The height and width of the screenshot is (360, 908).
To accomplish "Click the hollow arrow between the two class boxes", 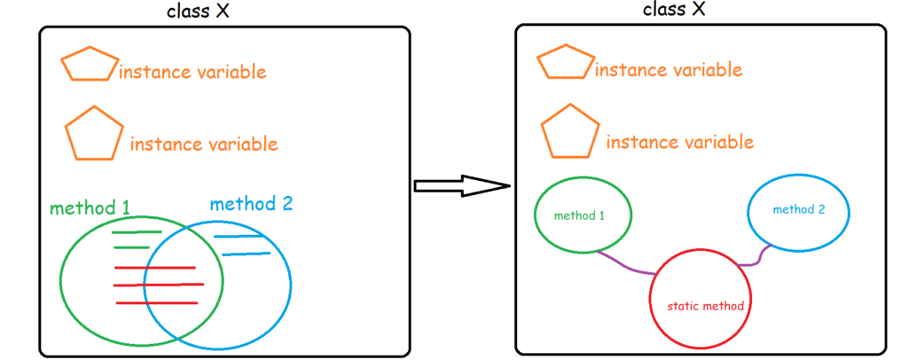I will [x=461, y=185].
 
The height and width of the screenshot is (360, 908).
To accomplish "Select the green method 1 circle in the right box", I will [x=583, y=215].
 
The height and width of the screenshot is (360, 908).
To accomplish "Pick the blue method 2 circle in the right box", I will [x=798, y=210].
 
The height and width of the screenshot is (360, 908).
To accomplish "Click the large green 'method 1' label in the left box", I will [x=90, y=208].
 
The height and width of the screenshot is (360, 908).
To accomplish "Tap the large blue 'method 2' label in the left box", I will [x=251, y=204].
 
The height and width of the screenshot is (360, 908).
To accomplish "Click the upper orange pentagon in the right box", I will [x=566, y=64].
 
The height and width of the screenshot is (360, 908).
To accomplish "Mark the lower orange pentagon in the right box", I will [x=570, y=134].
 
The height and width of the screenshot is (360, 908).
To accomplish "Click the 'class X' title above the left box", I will [x=207, y=12].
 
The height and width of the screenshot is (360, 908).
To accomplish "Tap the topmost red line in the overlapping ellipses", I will [x=154, y=268].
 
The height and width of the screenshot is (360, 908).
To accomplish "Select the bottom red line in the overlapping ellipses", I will [x=155, y=303].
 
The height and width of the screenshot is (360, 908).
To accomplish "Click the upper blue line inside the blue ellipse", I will [x=238, y=237].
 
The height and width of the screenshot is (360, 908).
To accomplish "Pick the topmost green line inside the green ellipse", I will [x=137, y=232].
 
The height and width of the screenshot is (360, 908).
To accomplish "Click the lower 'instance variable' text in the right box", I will [x=680, y=142].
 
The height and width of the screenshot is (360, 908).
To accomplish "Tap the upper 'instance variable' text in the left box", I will [x=192, y=72].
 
